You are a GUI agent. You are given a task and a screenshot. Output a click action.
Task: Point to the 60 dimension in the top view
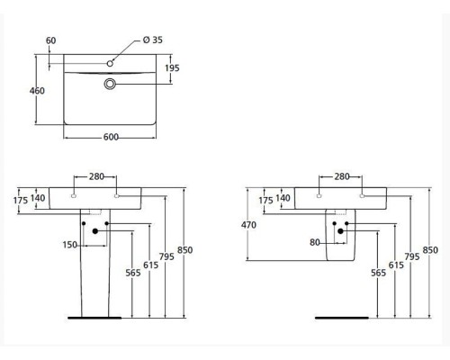(49, 40)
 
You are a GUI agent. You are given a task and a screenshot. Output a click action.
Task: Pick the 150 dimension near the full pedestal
(69, 243)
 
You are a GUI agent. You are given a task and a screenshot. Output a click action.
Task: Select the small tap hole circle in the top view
(111, 63)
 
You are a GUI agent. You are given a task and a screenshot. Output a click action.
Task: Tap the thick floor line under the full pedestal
(94, 317)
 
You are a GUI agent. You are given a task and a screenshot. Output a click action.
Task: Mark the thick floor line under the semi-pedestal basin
(341, 317)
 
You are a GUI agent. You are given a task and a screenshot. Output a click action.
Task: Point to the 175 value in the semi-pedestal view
(265, 199)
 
